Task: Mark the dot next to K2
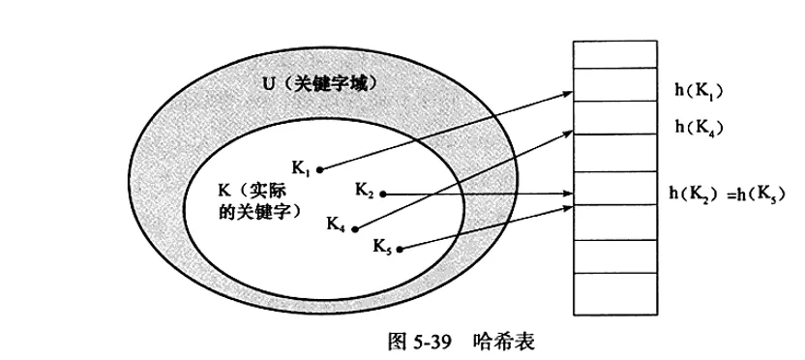click(x=384, y=194)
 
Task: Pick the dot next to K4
click(x=355, y=229)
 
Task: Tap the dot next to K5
click(x=400, y=249)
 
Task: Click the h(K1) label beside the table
click(x=699, y=92)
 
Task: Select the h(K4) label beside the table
click(x=700, y=127)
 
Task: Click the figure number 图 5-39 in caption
click(x=415, y=341)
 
